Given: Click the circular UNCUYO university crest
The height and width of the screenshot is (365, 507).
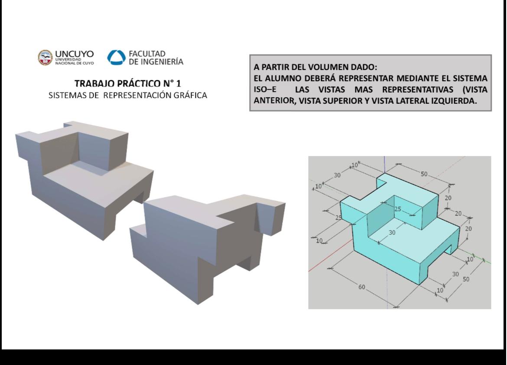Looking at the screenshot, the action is click(x=45, y=58).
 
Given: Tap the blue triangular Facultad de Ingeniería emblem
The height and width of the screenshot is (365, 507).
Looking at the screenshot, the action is click(x=116, y=58).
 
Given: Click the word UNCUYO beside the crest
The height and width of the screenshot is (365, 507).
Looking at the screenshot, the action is click(x=75, y=54).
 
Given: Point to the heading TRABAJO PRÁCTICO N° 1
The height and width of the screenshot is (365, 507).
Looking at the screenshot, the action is click(x=128, y=83).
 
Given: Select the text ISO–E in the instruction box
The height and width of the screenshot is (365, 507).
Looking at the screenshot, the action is click(x=265, y=90).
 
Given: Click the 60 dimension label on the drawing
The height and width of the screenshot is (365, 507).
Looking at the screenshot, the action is click(x=361, y=287).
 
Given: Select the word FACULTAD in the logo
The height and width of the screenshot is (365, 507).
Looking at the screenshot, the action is click(x=147, y=54).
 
